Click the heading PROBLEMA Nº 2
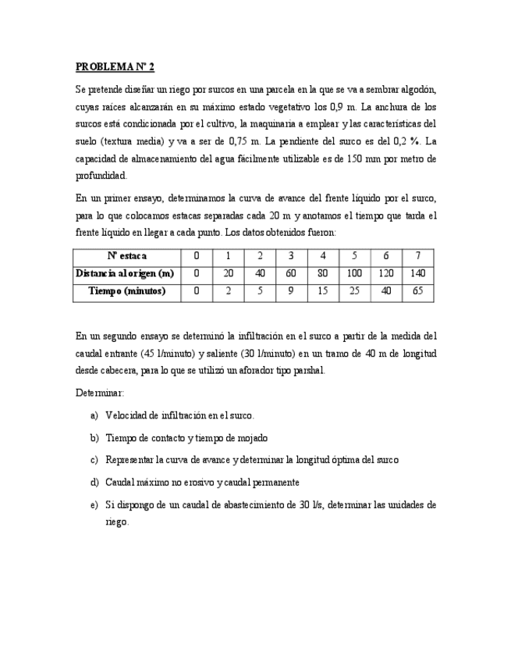coord(115,67)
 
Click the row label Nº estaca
coord(126,256)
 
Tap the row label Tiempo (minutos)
coord(126,292)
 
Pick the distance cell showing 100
coord(354,274)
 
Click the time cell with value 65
coord(417,292)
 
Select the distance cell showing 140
coord(417,274)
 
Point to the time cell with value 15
coord(323,292)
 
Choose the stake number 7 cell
coord(417,256)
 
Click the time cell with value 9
coord(291,292)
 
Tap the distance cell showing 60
coord(291,274)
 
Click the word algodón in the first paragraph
coord(418,89)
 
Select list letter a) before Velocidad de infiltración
coord(94,415)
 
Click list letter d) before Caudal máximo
coord(94,482)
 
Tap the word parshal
coord(307,371)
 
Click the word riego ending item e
coord(117,521)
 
